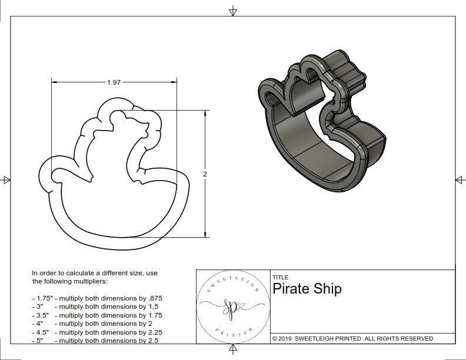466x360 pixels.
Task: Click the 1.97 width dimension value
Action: pyautogui.click(x=114, y=83)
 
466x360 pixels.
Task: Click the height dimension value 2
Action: pyautogui.click(x=205, y=174)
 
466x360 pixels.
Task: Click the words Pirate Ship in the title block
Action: pyautogui.click(x=307, y=289)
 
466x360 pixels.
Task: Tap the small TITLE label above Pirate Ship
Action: pyautogui.click(x=279, y=277)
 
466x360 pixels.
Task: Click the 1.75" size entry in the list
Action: pyautogui.click(x=42, y=298)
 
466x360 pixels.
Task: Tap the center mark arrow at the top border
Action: pyautogui.click(x=233, y=10)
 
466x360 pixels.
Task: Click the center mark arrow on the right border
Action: pyautogui.click(x=459, y=179)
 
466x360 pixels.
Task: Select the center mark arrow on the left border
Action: pyautogui.click(x=6, y=179)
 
